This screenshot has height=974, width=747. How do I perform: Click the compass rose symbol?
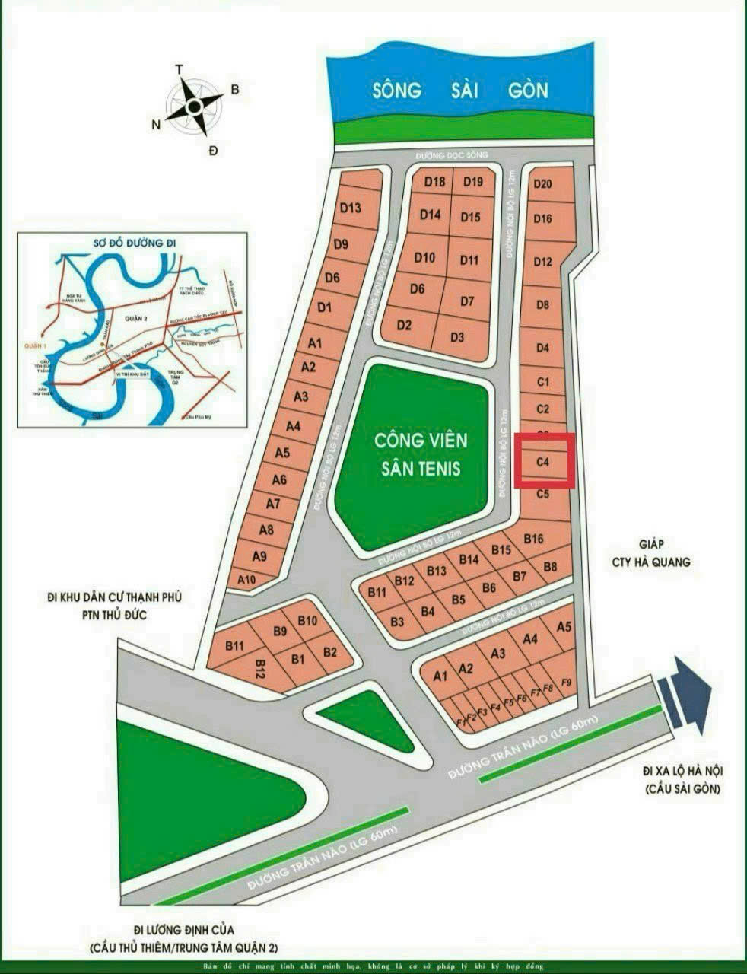tap(195, 106)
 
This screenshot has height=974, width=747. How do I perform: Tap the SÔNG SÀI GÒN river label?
tap(460, 90)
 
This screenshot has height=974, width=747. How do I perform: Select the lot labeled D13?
tap(350, 208)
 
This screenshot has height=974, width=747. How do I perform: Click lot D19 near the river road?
tap(473, 181)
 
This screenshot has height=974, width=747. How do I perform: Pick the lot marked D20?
tap(542, 183)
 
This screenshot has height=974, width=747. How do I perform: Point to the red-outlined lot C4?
tap(543, 461)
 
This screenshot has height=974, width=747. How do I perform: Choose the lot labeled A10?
tap(247, 580)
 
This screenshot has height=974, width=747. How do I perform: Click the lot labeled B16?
tap(534, 539)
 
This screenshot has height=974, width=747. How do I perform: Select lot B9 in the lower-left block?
tap(280, 631)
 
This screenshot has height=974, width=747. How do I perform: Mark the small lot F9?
tap(565, 681)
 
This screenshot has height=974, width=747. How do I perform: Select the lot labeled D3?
tap(457, 337)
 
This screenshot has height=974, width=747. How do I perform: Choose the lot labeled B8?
tap(550, 566)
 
